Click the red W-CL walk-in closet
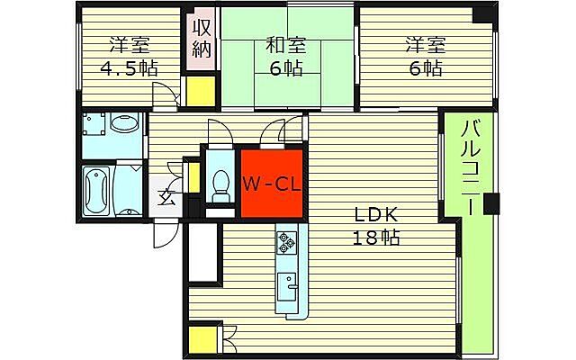pos(272,184)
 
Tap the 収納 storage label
pos(202,38)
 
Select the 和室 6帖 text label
pos(286,57)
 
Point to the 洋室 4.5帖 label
pos(130,57)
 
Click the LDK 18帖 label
pos(376,226)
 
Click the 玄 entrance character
pos(166,198)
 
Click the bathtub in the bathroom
pos(96,191)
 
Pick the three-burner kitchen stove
pos(286,242)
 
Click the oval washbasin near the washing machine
pos(124,122)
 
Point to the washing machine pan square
pos(94,124)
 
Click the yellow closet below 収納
pos(200,91)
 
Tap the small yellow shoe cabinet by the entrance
pos(194,178)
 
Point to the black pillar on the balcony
pos(491,204)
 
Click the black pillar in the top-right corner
pos(483,14)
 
